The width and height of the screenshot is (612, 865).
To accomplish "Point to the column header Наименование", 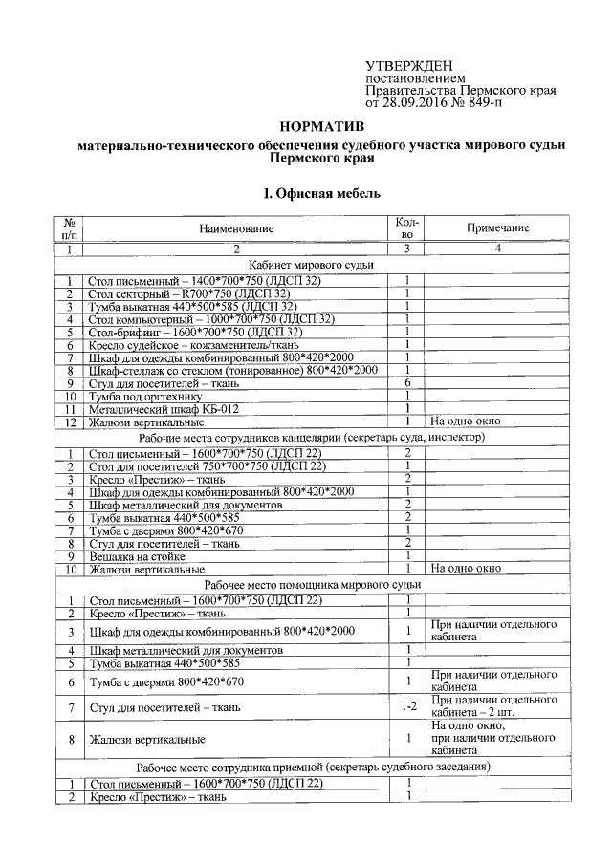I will (x=236, y=228).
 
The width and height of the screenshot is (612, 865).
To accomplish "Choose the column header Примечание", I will (x=497, y=228).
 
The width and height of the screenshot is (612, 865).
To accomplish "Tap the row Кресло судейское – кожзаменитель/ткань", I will (x=192, y=344).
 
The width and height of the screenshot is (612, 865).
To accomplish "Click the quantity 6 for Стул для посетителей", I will (x=407, y=382).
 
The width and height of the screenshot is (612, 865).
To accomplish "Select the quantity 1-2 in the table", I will (x=407, y=707).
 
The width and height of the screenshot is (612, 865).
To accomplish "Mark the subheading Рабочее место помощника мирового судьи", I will (x=312, y=583).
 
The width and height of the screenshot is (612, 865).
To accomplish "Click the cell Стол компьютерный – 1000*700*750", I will (x=211, y=318).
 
